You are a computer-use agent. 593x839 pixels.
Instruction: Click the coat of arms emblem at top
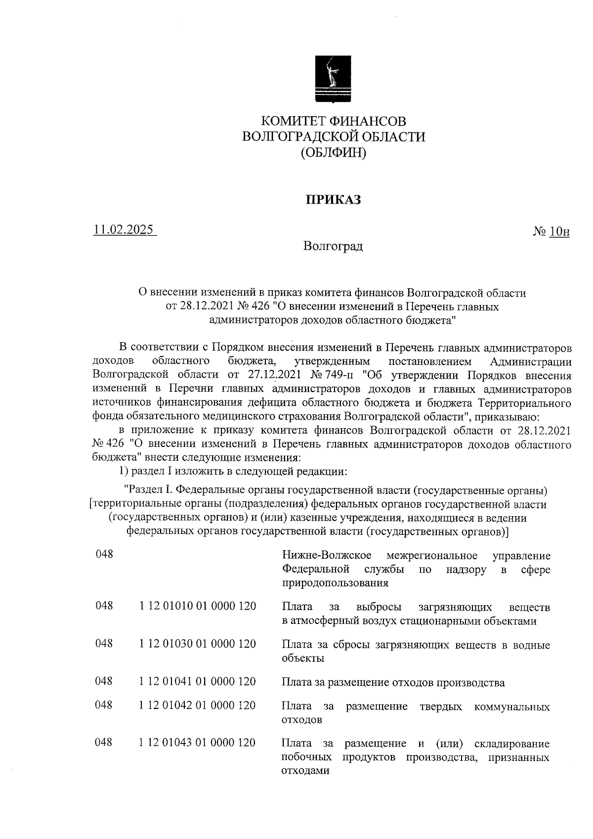coord(334,79)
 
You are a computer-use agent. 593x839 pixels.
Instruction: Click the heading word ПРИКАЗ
coord(334,200)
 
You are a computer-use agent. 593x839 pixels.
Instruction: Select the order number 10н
coord(559,231)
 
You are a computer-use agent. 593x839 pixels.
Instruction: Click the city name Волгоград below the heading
coord(334,246)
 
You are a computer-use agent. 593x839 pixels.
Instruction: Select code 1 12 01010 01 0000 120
coord(198,606)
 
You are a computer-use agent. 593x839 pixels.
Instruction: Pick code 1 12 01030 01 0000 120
coord(198,644)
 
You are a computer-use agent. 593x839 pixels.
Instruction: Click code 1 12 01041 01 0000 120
coord(198,682)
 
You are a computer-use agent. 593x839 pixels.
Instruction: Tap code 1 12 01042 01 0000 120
coord(198,706)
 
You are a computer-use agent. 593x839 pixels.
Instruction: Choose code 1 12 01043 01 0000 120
coord(198,743)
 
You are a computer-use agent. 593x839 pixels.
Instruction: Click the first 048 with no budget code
coord(104,555)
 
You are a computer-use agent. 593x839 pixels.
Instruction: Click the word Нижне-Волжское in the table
coord(327,555)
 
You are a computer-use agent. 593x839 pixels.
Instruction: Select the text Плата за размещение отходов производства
coord(393,683)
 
